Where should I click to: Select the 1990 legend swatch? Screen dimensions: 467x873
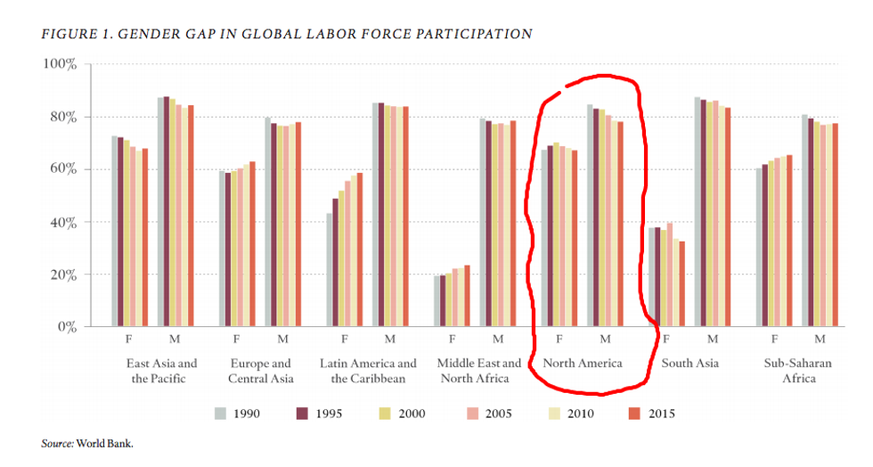tap(221, 414)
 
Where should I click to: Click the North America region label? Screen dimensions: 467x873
tap(582, 364)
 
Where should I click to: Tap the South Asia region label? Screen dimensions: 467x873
tap(689, 364)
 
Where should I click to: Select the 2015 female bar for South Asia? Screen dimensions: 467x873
tap(682, 283)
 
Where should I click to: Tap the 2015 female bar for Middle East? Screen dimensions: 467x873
tap(467, 295)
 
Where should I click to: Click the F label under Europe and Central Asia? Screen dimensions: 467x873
tap(236, 339)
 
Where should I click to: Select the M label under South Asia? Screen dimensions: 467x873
tap(713, 339)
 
